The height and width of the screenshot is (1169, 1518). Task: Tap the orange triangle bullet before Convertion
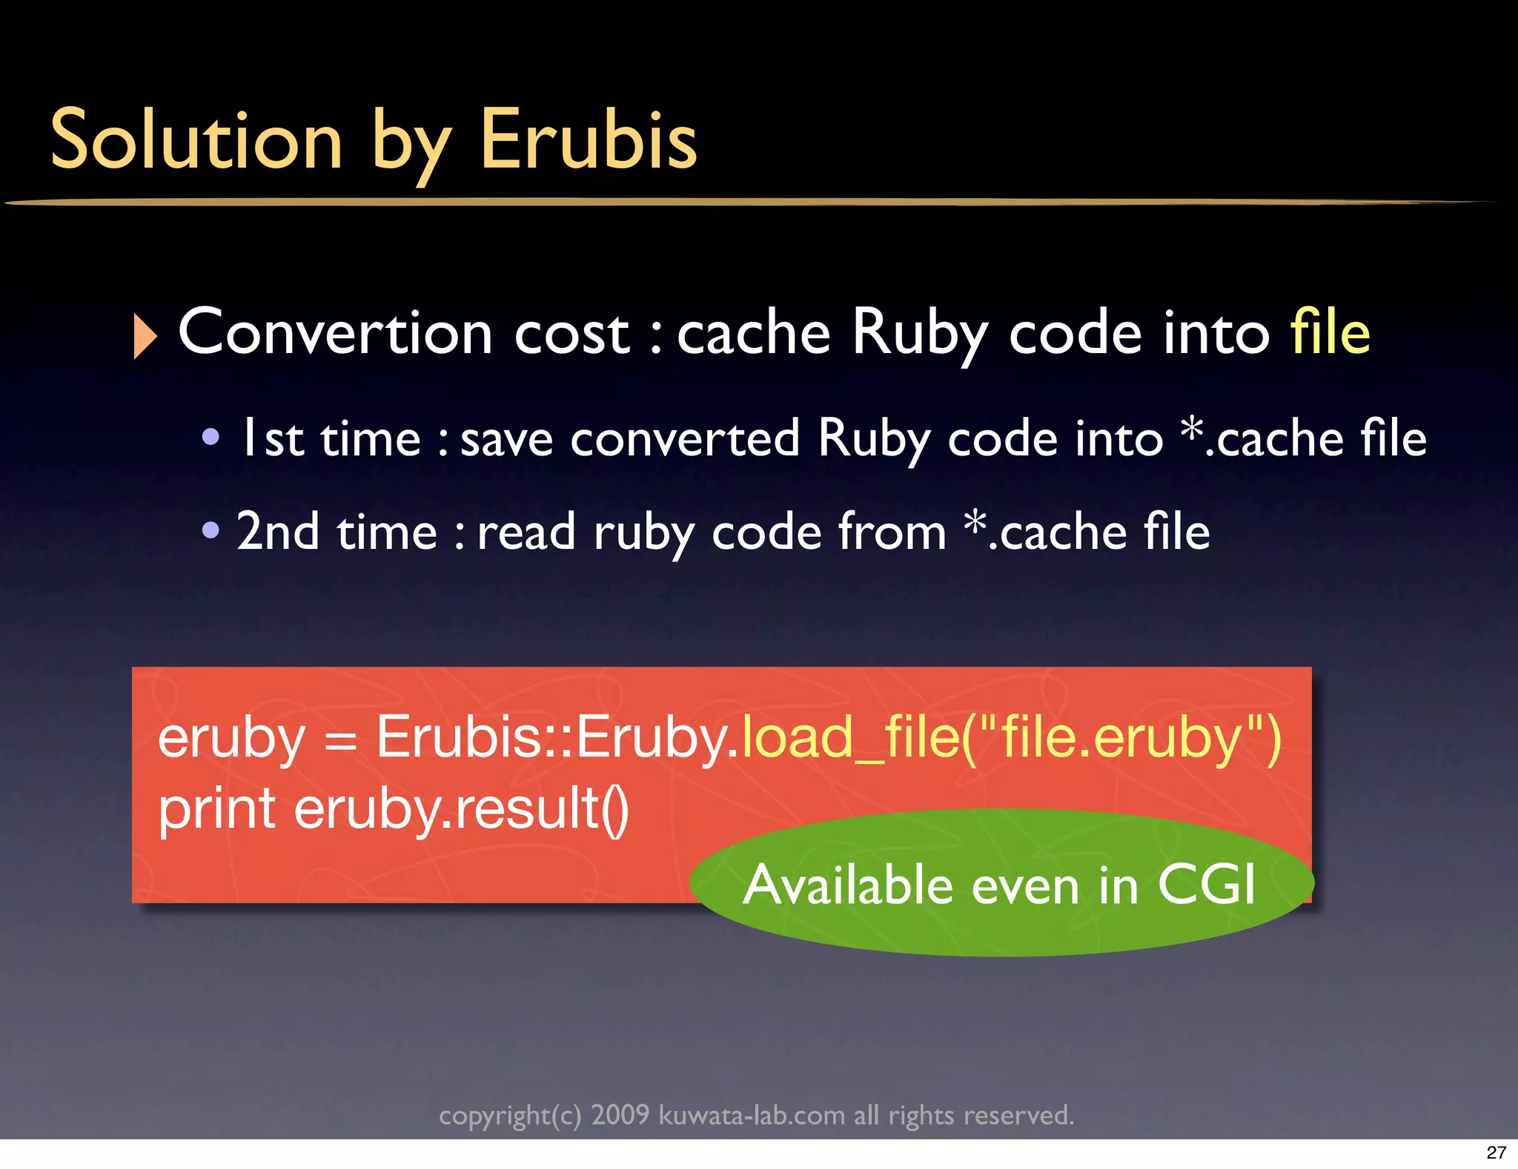coord(145,336)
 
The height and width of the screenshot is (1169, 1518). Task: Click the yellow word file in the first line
coord(1330,333)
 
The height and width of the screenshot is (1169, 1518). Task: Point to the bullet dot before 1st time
coord(211,437)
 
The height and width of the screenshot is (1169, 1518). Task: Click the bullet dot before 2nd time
coord(211,530)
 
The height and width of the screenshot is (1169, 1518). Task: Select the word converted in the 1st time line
coord(685,438)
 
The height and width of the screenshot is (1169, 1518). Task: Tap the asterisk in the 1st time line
coord(1191,428)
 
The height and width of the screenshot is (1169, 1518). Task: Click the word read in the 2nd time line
coord(526,532)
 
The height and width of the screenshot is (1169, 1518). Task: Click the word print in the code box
coord(217,809)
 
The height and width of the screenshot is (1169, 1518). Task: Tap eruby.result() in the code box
coord(461,809)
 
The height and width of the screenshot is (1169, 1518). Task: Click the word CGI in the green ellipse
coord(1207,884)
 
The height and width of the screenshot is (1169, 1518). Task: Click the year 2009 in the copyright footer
coord(620,1115)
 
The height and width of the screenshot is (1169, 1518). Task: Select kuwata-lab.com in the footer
coord(752,1115)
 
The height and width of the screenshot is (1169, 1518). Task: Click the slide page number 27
coord(1496,1153)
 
